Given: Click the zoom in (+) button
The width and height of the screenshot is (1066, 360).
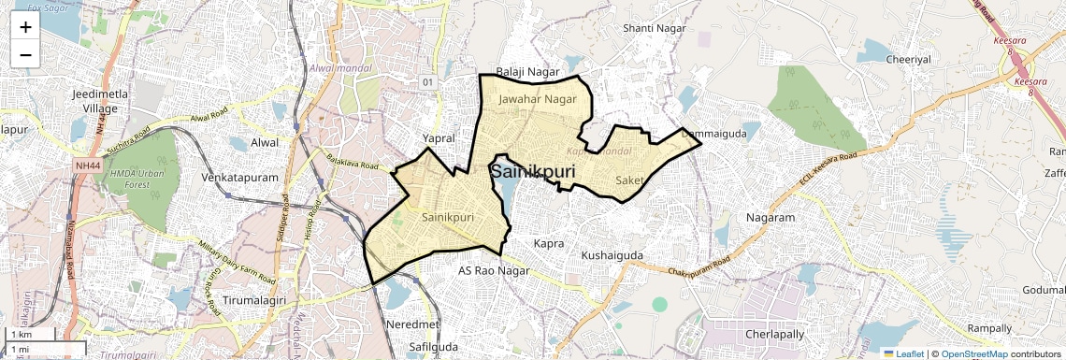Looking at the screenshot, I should pos(25,26).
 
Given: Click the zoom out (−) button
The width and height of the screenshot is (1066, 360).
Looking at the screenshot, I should pos(25,54).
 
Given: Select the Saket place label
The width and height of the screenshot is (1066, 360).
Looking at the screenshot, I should pos(631,180).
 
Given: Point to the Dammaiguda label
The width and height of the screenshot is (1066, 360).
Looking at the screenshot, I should pos(714,135).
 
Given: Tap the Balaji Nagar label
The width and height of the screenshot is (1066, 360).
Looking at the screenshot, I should pos(527,72).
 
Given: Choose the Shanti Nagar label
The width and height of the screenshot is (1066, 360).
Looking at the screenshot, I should pos(655,29).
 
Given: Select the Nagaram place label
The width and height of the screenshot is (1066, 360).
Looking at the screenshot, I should pos(771,218).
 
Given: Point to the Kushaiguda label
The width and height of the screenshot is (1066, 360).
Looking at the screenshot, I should pos(612,255).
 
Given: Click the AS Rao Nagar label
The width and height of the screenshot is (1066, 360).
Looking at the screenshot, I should pos(494,271).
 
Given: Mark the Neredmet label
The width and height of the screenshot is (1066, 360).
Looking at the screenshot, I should pos(412,324).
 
